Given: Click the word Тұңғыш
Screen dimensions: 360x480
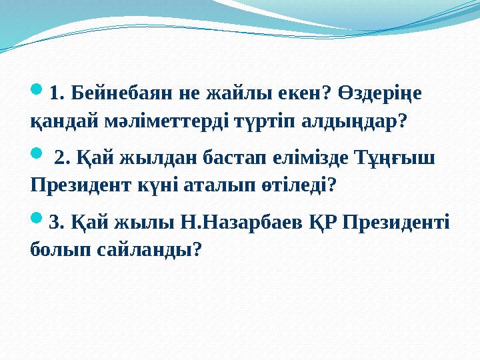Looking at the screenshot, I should click(x=398, y=157).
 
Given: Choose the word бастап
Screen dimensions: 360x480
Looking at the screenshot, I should click(x=239, y=157).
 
